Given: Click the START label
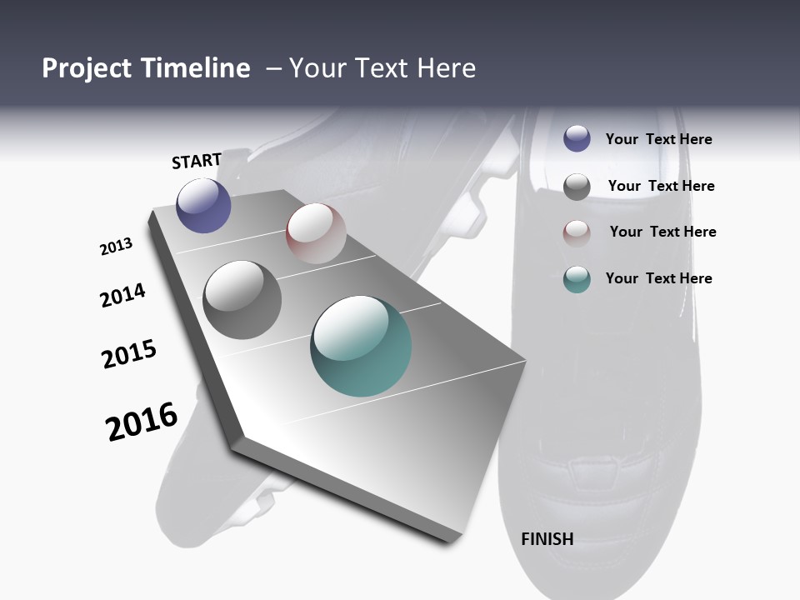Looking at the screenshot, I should click(x=197, y=161).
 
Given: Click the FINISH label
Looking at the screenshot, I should click(x=547, y=539).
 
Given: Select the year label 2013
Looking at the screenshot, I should click(x=116, y=247).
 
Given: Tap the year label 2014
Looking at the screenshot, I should click(x=122, y=295).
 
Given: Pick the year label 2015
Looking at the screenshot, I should click(x=129, y=354).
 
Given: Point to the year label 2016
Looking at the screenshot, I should click(x=142, y=421).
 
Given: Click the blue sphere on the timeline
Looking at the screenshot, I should click(x=203, y=206).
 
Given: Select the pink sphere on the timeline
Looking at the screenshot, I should click(x=316, y=233).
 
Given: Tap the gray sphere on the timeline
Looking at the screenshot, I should click(x=242, y=300).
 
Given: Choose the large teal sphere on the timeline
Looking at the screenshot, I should click(x=361, y=346).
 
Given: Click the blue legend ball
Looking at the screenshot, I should click(x=577, y=138).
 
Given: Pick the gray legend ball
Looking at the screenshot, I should click(x=577, y=187).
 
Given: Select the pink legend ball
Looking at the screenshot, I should click(x=577, y=232).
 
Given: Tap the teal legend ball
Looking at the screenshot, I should click(x=577, y=279).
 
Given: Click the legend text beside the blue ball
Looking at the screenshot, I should click(x=658, y=139).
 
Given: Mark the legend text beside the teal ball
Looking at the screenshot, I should click(x=658, y=278).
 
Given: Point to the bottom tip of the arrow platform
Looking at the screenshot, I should click(x=450, y=540).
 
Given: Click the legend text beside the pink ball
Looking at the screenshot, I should click(x=662, y=232).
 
